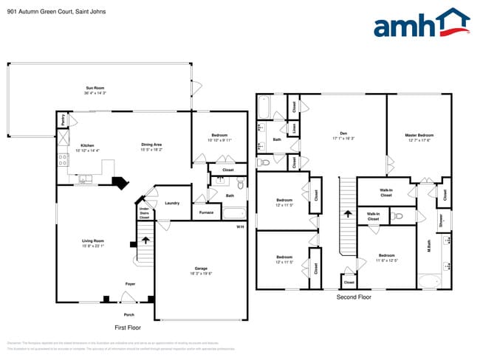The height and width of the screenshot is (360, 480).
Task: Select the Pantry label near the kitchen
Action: (x=64, y=120)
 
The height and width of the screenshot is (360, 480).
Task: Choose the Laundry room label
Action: (x=172, y=203)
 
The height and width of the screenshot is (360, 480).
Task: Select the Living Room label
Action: (x=93, y=243)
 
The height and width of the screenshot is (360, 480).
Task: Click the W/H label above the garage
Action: (x=240, y=226)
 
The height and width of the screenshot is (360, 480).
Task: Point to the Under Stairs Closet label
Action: (x=144, y=214)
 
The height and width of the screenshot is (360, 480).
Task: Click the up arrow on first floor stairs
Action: (x=145, y=240)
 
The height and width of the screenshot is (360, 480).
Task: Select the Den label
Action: (x=343, y=135)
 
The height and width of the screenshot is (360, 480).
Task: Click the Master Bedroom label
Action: (x=419, y=136)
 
